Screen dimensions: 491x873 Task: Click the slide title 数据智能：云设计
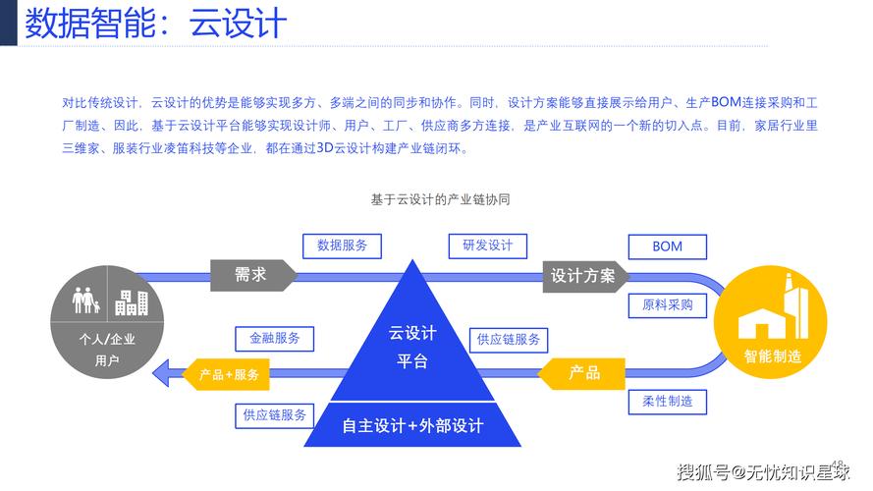(156, 24)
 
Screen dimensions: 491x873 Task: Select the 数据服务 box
(342, 245)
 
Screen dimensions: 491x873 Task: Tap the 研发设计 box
(488, 245)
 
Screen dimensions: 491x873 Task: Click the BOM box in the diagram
(667, 246)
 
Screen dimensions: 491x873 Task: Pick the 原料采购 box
(667, 305)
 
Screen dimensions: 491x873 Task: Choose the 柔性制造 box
(667, 401)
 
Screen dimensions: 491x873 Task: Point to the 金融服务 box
(275, 338)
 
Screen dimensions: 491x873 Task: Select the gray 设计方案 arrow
(585, 276)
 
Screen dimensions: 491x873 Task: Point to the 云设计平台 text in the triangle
(412, 347)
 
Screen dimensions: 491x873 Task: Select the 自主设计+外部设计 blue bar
(412, 426)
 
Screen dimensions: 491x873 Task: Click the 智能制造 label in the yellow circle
(772, 356)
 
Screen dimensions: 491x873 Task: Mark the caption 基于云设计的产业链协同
(440, 199)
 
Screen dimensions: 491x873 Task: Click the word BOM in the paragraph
(726, 102)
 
